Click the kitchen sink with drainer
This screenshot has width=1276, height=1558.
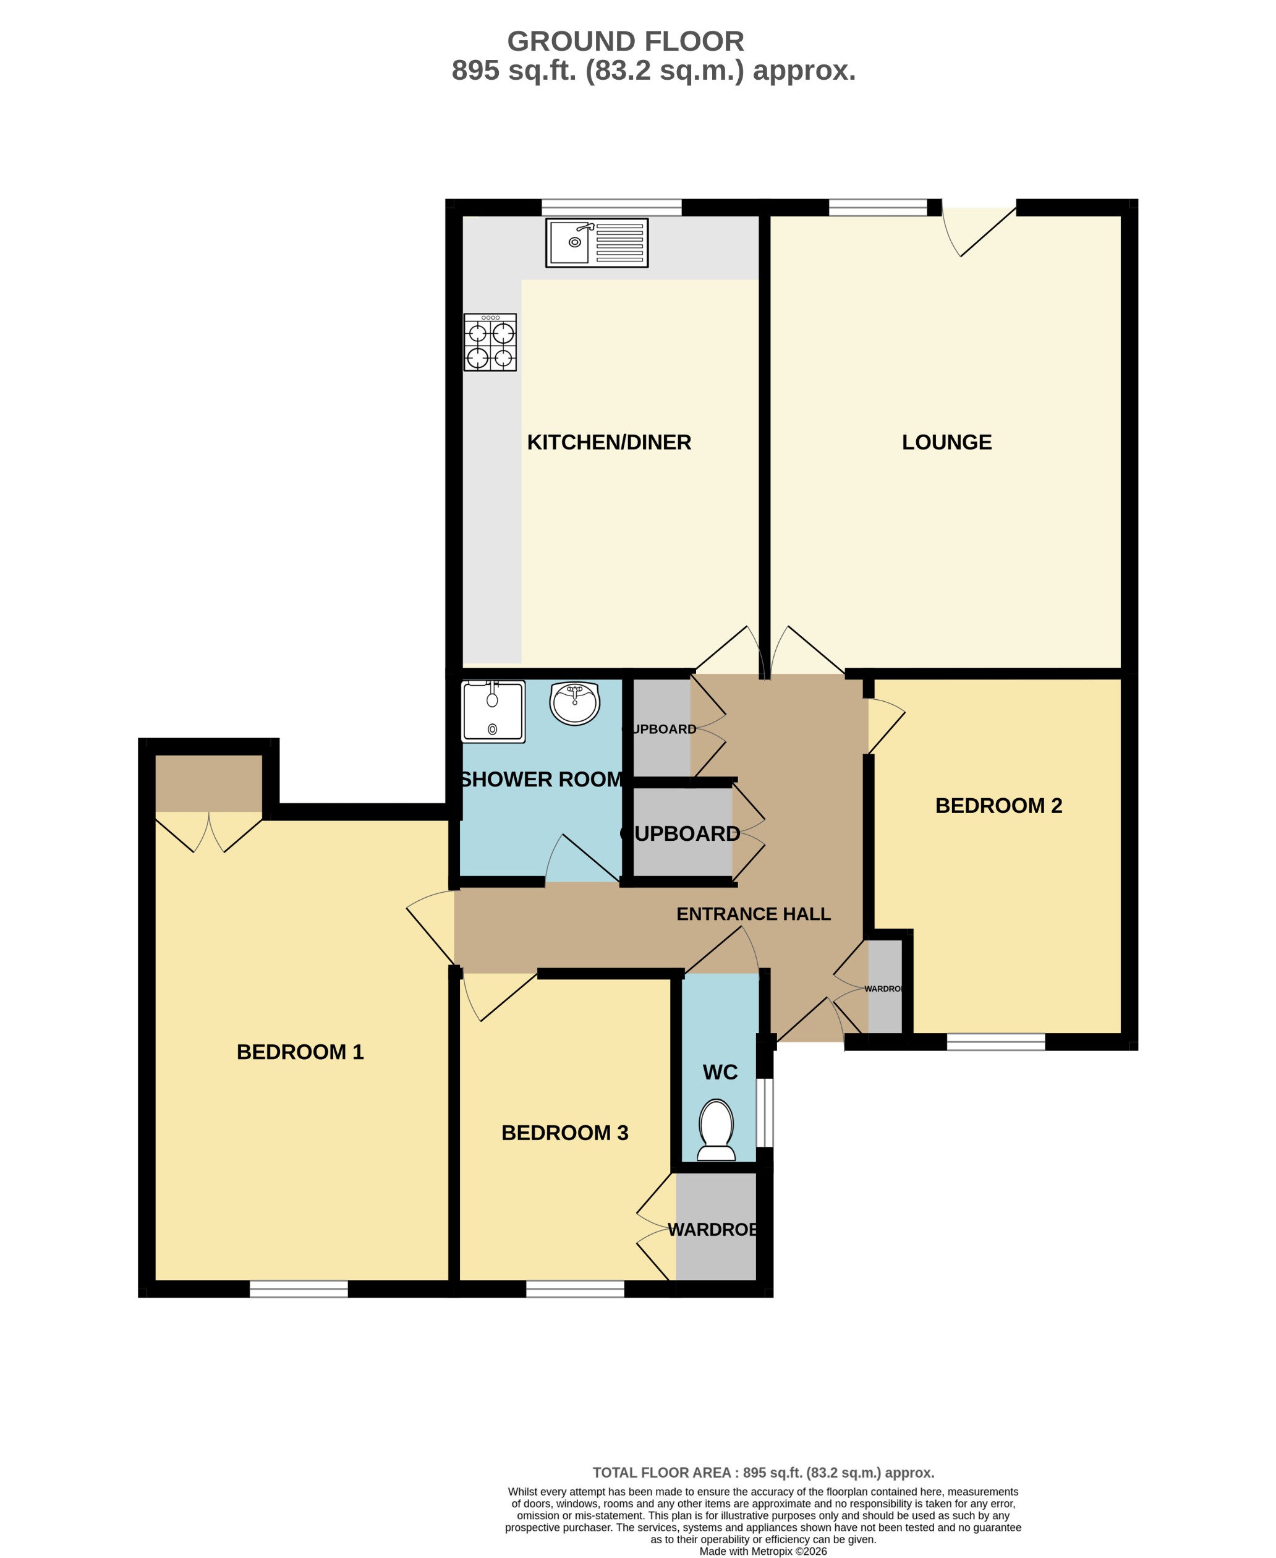tap(596, 242)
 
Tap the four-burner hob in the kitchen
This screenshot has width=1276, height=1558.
tap(490, 343)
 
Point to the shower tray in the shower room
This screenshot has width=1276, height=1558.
tap(493, 712)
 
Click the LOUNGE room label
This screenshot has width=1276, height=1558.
tap(946, 443)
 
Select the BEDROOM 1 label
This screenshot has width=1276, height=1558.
tap(300, 1052)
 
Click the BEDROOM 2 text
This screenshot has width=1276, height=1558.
tap(998, 806)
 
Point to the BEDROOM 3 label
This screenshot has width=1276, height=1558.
tap(564, 1133)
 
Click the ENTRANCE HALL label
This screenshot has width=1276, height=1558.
tap(754, 914)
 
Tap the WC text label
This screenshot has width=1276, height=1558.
tap(720, 1072)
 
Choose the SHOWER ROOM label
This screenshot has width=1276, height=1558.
tap(541, 779)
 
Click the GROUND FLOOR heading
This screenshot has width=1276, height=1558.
tap(626, 41)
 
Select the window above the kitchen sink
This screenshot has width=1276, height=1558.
tap(611, 207)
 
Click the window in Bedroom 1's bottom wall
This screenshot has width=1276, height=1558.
tap(299, 1288)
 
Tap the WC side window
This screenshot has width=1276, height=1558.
tap(765, 1112)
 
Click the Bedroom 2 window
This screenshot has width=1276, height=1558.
tap(995, 1041)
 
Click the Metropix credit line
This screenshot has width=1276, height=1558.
tap(762, 1551)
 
